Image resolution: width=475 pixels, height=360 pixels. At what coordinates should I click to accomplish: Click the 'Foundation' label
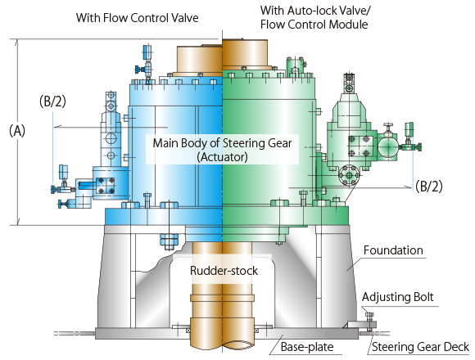[x=393, y=250]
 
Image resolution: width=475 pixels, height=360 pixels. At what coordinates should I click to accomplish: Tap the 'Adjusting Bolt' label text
[x=398, y=297]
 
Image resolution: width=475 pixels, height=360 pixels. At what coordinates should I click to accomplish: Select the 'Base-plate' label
[x=307, y=347]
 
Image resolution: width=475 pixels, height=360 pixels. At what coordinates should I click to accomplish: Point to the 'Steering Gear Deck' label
[x=420, y=347]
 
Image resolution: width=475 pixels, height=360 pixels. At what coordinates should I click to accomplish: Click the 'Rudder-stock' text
[x=224, y=271]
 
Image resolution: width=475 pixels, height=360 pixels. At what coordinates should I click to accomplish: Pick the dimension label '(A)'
[x=17, y=131]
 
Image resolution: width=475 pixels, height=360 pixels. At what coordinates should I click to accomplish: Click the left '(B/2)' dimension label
[x=52, y=101]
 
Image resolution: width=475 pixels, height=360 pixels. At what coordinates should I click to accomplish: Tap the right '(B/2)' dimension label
[x=429, y=186]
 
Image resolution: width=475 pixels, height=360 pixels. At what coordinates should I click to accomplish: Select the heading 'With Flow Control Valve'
[x=138, y=17]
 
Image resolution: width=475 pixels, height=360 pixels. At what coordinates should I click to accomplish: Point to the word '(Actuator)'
[x=223, y=157]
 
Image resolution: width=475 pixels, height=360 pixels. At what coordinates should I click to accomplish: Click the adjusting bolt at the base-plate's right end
[x=369, y=322]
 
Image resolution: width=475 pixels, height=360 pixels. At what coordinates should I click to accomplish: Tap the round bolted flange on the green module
[x=349, y=175]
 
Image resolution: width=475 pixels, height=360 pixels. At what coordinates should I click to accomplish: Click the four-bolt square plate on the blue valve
[x=106, y=186]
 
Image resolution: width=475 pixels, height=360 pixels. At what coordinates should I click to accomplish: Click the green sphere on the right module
[x=387, y=146]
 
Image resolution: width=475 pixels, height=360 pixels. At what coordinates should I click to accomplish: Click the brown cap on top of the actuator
[x=222, y=56]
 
